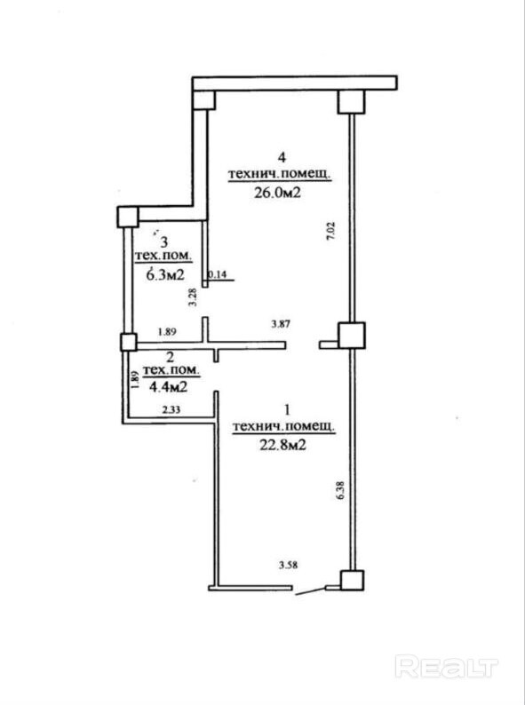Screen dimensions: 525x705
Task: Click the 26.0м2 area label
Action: (x=276, y=193)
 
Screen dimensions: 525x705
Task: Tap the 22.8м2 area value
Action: (x=283, y=445)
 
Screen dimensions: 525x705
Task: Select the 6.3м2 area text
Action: (x=164, y=274)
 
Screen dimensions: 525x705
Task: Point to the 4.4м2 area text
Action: (x=168, y=386)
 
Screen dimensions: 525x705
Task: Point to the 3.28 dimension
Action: (x=193, y=297)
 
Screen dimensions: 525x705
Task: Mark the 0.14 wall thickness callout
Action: (x=219, y=274)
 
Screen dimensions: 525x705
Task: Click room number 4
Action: (x=282, y=157)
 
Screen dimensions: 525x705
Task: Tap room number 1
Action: (x=288, y=410)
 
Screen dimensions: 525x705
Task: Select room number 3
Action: (x=164, y=242)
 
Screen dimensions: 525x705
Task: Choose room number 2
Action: (x=170, y=358)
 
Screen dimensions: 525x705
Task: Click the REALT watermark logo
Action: (x=447, y=667)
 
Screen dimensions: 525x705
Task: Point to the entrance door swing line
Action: (x=309, y=590)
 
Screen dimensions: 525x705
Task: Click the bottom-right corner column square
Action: (x=353, y=581)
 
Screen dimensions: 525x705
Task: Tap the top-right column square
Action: (x=351, y=101)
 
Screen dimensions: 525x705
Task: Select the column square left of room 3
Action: (x=127, y=217)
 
